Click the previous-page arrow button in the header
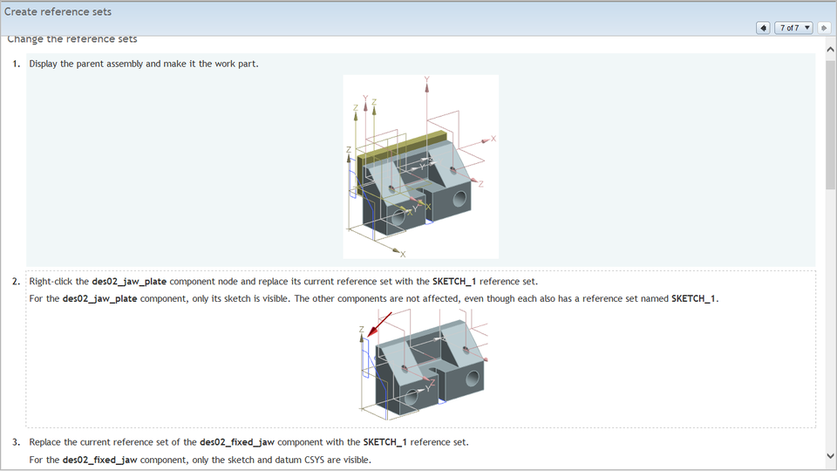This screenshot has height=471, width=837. click(764, 28)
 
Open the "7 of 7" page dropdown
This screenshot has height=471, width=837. click(793, 28)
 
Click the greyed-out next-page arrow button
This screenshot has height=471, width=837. click(824, 28)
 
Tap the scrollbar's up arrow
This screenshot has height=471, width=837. click(830, 51)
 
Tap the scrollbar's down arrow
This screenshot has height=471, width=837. click(830, 455)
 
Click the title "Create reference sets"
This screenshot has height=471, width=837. click(58, 12)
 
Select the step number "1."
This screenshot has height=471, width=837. click(17, 64)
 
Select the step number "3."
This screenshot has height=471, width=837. click(17, 441)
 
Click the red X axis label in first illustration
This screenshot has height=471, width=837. click(493, 139)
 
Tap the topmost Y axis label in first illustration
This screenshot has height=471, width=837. click(426, 79)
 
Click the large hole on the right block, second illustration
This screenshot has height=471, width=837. click(472, 379)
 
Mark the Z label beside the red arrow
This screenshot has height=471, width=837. click(361, 330)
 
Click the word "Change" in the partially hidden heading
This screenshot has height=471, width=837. click(27, 39)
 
